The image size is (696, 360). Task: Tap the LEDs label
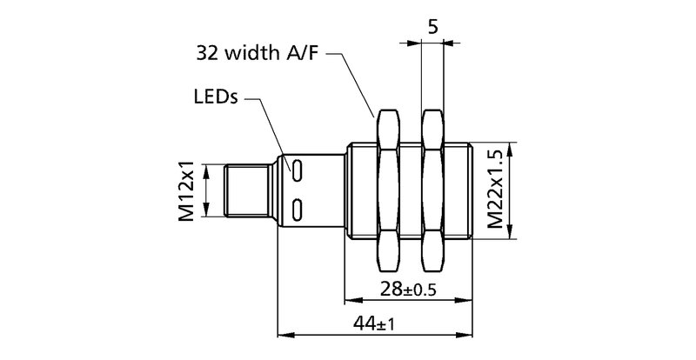[x=214, y=98]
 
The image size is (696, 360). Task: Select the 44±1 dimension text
[x=375, y=324]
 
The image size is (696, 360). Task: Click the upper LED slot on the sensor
[x=298, y=170]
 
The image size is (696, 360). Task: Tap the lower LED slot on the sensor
[x=298, y=208]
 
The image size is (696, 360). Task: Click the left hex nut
[x=387, y=190]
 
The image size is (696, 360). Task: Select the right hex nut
[x=432, y=190]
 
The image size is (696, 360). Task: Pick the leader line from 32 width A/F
[x=352, y=83]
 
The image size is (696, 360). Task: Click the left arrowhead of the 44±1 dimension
[x=282, y=334]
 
